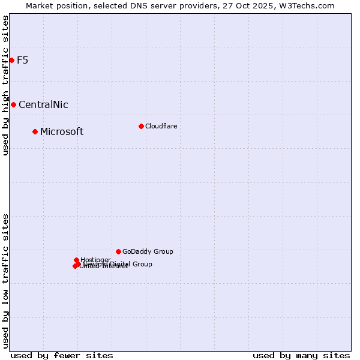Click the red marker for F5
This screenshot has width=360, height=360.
pyautogui.click(x=11, y=60)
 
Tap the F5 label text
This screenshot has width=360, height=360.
pyautogui.click(x=22, y=60)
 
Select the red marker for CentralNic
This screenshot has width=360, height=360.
pyautogui.click(x=13, y=104)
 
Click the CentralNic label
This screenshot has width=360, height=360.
pyautogui.click(x=43, y=105)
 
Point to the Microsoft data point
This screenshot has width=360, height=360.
pyautogui.click(x=35, y=131)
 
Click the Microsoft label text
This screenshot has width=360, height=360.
pyautogui.click(x=62, y=132)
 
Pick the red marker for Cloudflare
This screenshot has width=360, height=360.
pyautogui.click(x=141, y=126)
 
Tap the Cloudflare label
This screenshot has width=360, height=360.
pyautogui.click(x=161, y=126)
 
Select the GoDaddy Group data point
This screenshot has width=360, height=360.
pyautogui.click(x=118, y=251)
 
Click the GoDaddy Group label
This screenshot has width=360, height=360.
pyautogui.click(x=148, y=252)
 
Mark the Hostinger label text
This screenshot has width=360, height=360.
pyautogui.click(x=95, y=260)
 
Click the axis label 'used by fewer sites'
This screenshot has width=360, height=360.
pyautogui.click(x=62, y=355)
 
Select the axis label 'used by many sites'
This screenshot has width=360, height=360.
pyautogui.click(x=301, y=355)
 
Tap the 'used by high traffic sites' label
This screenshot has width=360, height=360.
pyautogui.click(x=5, y=86)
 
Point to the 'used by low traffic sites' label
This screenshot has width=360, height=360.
pyautogui.click(x=5, y=281)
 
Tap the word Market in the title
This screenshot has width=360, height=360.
pyautogui.click(x=40, y=5)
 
